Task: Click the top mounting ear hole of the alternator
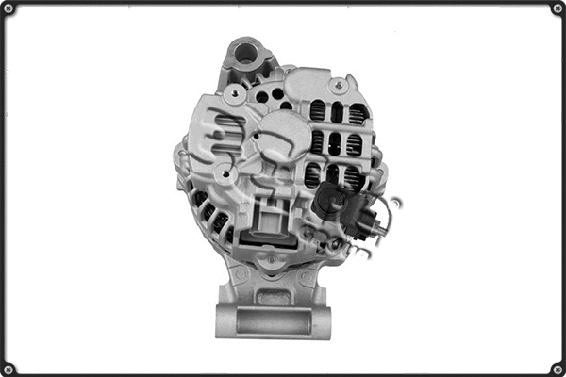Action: click(x=245, y=52)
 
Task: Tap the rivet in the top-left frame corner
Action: click(x=8, y=8)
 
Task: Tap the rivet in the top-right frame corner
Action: click(x=558, y=8)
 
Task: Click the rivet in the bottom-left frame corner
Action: click(x=8, y=369)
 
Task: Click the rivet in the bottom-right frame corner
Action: click(x=558, y=369)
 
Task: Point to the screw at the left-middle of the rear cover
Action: click(x=222, y=172)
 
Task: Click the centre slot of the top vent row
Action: click(x=337, y=112)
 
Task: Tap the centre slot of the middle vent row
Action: click(x=336, y=143)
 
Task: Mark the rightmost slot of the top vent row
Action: click(x=358, y=113)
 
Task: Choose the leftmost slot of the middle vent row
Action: click(x=316, y=142)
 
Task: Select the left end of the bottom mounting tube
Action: click(x=224, y=321)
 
